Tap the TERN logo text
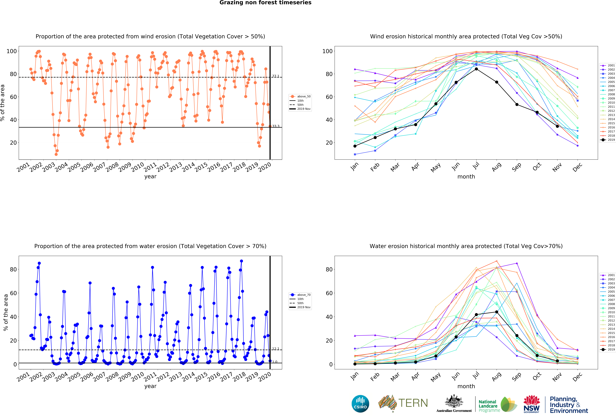[413, 403]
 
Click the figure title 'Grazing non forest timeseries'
[265, 3]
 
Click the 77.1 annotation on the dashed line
[276, 76]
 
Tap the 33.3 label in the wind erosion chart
[276, 126]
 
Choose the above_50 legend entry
[300, 97]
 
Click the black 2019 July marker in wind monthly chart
[476, 69]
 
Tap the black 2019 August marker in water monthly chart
[496, 312]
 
